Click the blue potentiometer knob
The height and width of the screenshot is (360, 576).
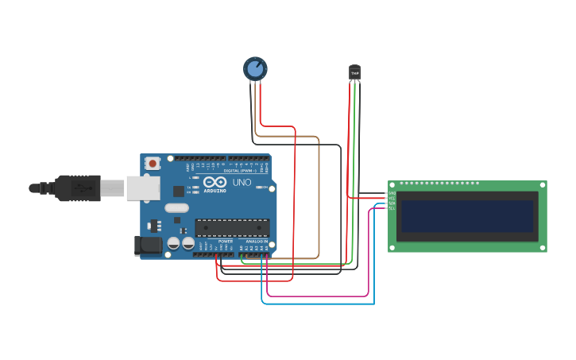pyautogui.click(x=255, y=69)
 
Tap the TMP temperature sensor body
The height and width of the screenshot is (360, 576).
pyautogui.click(x=354, y=72)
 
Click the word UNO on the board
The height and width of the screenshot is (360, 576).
pyautogui.click(x=242, y=183)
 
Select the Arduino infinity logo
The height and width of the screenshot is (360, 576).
pyautogui.click(x=215, y=182)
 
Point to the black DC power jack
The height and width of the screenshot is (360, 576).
pyautogui.click(x=147, y=246)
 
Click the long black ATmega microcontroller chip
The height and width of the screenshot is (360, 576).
pyautogui.click(x=232, y=227)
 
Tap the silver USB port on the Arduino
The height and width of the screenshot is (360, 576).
pyautogui.click(x=143, y=188)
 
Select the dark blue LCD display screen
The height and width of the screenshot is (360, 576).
pyautogui.click(x=466, y=215)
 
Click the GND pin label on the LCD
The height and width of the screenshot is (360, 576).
pyautogui.click(x=392, y=193)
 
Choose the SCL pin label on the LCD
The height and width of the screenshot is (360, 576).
pyautogui.click(x=392, y=208)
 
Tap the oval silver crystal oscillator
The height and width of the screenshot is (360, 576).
pyautogui.click(x=176, y=208)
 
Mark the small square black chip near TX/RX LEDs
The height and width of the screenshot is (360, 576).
pyautogui.click(x=179, y=191)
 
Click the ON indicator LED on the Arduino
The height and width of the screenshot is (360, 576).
pyautogui.click(x=260, y=187)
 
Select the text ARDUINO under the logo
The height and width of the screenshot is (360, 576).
pyautogui.click(x=215, y=191)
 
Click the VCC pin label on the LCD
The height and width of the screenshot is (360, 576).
pyautogui.click(x=392, y=198)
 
